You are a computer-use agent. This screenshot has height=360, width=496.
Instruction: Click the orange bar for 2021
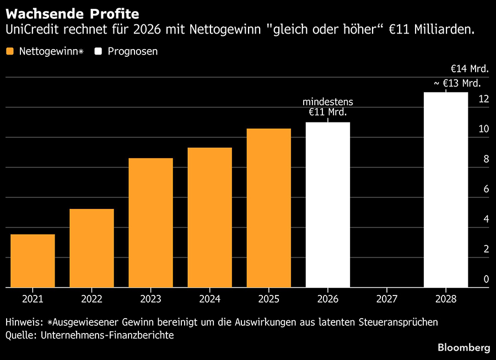pos(33,261)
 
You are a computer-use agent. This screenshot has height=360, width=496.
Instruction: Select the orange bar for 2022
pos(91,248)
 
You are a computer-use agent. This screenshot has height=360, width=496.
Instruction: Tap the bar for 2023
pos(150,223)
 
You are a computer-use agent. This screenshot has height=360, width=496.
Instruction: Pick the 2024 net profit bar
pos(210,217)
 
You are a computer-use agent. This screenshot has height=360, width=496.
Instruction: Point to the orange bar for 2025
pos(269,208)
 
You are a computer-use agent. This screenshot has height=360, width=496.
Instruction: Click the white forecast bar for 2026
pos(328,205)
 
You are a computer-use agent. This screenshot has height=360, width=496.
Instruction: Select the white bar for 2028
pos(446,190)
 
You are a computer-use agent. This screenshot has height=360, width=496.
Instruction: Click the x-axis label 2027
pos(387,299)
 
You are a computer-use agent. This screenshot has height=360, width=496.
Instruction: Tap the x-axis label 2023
pos(150,299)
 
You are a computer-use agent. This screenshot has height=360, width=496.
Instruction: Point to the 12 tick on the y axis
pos(484,99)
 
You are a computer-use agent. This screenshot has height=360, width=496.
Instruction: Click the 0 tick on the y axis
pos(487,279)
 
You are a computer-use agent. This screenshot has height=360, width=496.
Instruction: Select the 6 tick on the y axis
pos(487,189)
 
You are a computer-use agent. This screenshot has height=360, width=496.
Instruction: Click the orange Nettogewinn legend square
pos(10,51)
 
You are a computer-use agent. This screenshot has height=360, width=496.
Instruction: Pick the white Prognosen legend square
pos(98,51)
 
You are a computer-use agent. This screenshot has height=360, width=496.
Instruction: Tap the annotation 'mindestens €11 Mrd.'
pos(328,107)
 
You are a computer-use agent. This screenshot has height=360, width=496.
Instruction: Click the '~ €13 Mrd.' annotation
pos(457,83)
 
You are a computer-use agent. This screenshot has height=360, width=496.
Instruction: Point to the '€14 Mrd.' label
pos(470,69)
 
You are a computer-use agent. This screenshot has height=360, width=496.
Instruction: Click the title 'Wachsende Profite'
pos(72,14)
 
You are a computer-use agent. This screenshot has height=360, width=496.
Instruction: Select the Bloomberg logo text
pos(464,347)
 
